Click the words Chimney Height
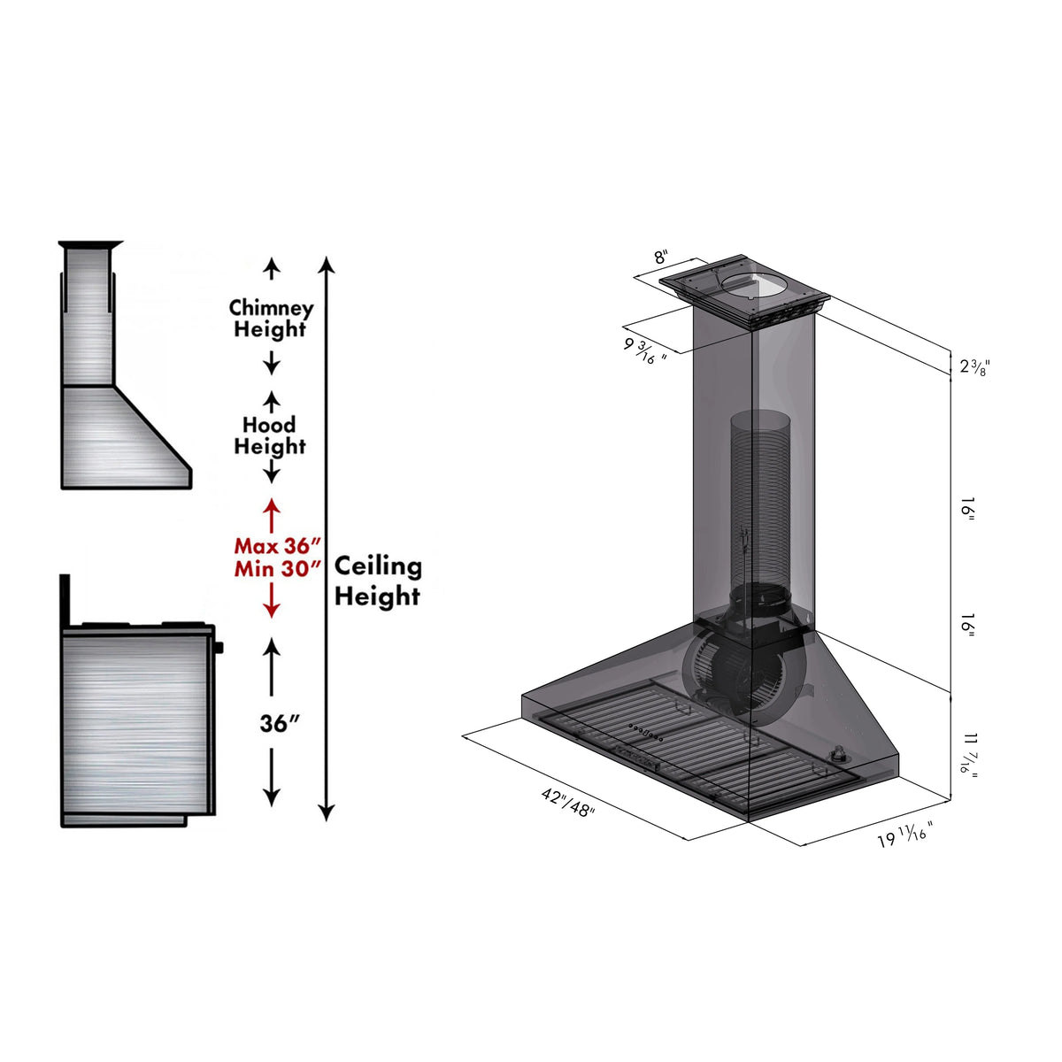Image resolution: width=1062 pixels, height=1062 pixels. tap(271, 319)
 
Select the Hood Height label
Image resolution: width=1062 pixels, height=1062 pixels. tap(270, 435)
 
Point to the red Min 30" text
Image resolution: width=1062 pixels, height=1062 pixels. tap(276, 568)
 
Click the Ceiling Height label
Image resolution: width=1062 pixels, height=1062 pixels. tap(378, 581)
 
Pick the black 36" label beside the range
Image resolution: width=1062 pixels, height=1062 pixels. tap(280, 723)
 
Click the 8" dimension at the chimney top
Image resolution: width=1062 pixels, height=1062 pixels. tap(661, 258)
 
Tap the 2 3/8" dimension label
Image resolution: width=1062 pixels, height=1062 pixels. tap(973, 366)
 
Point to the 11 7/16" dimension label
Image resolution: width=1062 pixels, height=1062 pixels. tap(971, 753)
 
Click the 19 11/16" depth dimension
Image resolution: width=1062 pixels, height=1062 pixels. tap(904, 835)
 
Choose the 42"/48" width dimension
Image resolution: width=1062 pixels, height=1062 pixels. tap(568, 803)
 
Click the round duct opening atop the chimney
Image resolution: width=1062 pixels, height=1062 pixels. tap(752, 285)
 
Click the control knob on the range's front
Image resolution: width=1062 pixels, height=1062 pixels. tap(219, 648)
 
